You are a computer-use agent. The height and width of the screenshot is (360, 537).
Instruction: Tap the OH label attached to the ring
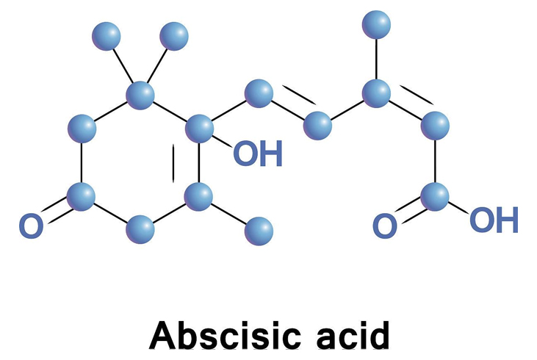coord(257,155)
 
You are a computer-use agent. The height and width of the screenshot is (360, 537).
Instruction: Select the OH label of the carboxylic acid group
coord(494,218)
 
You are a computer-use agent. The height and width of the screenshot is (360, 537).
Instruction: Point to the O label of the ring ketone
coord(30,226)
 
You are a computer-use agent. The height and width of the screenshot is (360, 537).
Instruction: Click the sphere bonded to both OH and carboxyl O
coord(435,196)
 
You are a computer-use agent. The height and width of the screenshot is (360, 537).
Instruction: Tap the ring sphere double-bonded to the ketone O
coord(81,197)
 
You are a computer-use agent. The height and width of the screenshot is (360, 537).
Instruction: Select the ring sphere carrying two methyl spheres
coord(140,94)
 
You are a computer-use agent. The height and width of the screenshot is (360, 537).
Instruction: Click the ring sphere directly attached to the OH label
coord(198,129)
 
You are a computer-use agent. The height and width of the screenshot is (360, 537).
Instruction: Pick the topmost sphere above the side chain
coord(377,24)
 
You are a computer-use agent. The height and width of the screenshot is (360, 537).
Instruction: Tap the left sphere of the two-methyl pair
coord(107,35)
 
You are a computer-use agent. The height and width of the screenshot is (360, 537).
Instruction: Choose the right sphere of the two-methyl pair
coord(174,35)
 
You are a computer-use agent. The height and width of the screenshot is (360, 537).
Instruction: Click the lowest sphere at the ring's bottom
coord(140,231)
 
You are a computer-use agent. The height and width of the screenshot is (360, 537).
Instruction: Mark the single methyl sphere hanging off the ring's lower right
coord(258,231)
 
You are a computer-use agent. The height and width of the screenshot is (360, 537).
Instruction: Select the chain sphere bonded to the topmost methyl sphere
coord(377,93)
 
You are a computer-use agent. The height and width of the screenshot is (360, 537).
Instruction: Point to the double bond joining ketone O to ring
coord(56,212)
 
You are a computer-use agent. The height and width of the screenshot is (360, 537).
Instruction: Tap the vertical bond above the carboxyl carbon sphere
coord(435,162)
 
